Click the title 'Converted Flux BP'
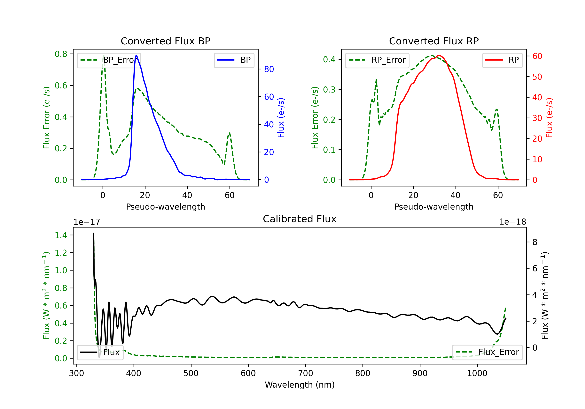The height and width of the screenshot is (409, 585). pos(165,41)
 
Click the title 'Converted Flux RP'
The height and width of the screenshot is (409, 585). pos(434,41)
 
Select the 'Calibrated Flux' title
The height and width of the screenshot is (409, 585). pos(300,219)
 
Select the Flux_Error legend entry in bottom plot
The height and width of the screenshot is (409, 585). pos(487,352)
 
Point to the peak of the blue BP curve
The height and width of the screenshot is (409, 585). pos(136,55)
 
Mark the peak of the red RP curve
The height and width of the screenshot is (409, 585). pos(439,55)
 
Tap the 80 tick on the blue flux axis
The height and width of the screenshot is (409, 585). pos(269,69)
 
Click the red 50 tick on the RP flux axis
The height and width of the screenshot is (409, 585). pos(537,77)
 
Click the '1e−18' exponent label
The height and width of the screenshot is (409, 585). pos(513,222)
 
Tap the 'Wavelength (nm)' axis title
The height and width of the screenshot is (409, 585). pos(300,385)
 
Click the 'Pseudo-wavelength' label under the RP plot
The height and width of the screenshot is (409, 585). pos(434,207)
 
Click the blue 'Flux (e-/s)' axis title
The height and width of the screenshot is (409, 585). pos(281,118)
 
